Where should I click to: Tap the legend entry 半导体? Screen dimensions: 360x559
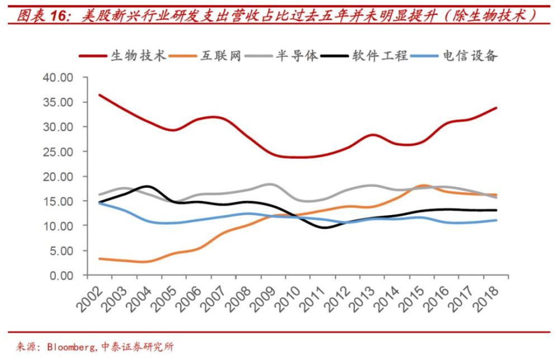pos(297,55)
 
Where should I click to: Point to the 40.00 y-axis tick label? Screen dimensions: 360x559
pos(58,78)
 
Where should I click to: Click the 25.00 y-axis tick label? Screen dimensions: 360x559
pos(58,151)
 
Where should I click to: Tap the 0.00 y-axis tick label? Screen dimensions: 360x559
pos(61,275)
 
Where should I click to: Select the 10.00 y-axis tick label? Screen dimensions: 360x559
pos(58,226)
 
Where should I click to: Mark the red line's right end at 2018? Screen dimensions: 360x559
pos(496,108)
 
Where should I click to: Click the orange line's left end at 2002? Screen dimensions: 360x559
pos(99,259)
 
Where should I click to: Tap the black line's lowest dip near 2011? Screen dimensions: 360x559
pos(326,227)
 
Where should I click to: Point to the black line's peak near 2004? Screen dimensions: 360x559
pos(147,186)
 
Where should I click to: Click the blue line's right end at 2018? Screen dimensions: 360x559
pos(496,220)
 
